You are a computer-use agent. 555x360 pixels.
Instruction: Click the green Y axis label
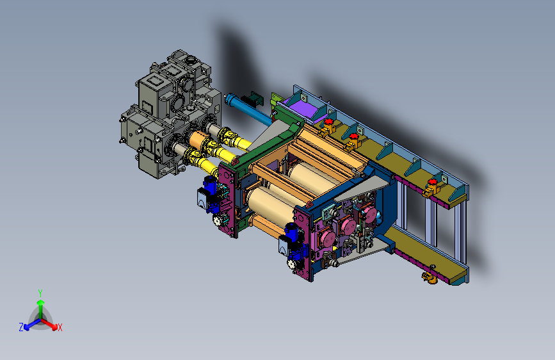[x=40, y=293]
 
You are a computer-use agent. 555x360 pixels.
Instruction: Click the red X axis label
[x=60, y=328]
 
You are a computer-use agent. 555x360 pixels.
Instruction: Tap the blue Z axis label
[x=21, y=327]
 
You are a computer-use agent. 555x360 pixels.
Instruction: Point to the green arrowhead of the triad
[x=41, y=302]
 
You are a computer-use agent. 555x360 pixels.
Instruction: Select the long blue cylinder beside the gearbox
[x=248, y=109]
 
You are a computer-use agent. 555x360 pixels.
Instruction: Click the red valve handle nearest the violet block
[x=329, y=122]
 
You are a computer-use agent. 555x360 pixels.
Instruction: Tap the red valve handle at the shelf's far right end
[x=433, y=182]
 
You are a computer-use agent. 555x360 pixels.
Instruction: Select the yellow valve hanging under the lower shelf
[x=430, y=277]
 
